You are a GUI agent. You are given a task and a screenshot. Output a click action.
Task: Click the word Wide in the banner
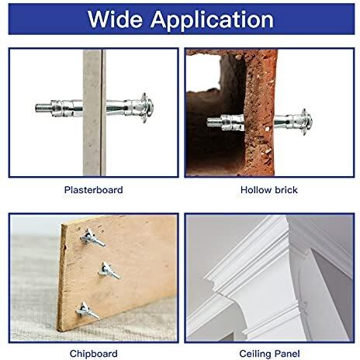pos(115,19)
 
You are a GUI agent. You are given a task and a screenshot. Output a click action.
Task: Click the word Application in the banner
pos(212,21)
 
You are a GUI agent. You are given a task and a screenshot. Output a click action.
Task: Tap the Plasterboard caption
pos(93,190)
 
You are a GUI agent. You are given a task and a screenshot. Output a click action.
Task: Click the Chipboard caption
pos(93,354)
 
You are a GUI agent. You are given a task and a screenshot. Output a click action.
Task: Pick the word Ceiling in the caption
pos(254,354)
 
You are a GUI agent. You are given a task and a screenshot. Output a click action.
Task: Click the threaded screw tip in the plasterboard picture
pos(43,107)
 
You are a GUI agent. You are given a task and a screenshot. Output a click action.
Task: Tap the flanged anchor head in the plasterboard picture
pos(146,108)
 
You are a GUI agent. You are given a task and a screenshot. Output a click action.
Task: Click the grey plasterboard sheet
pos(95,112)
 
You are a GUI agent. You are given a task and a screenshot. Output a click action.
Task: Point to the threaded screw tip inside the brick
pos(213,122)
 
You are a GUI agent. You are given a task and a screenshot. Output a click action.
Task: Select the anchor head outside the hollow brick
pos(306,122)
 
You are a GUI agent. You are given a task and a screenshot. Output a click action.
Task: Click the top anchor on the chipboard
pos(92,238)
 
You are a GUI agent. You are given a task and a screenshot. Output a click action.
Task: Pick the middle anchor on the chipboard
pos(109,271)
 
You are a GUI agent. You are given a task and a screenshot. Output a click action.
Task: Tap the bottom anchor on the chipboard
pos(87,311)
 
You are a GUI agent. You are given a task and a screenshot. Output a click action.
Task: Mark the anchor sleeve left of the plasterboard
pos(67,109)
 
